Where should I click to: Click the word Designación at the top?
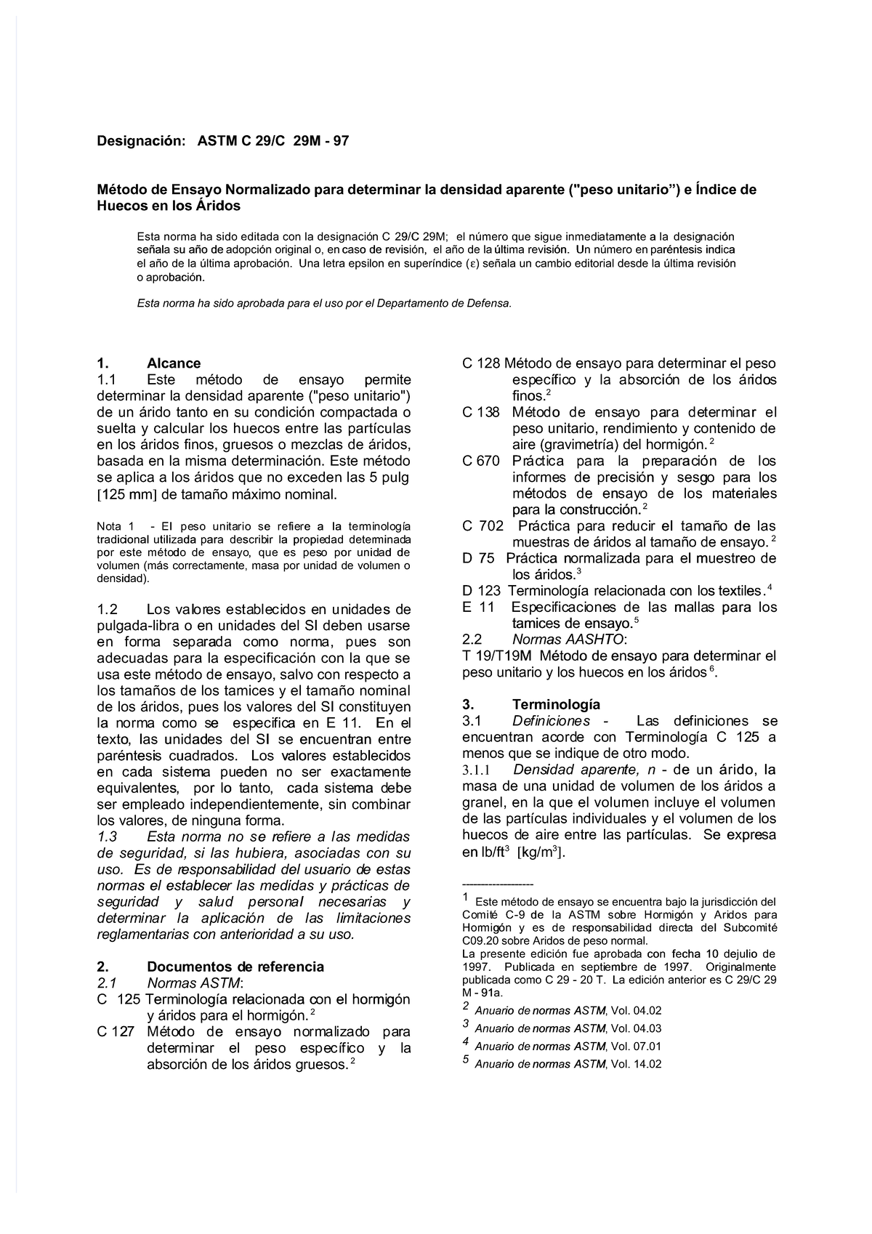[141, 141]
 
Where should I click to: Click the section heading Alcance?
[174, 363]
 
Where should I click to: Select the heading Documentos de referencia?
[235, 967]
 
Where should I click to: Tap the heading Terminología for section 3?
[556, 704]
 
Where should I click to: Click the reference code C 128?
[481, 363]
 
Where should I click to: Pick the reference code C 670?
[481, 461]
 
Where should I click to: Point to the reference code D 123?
[481, 591]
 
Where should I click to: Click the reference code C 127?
[116, 1032]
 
